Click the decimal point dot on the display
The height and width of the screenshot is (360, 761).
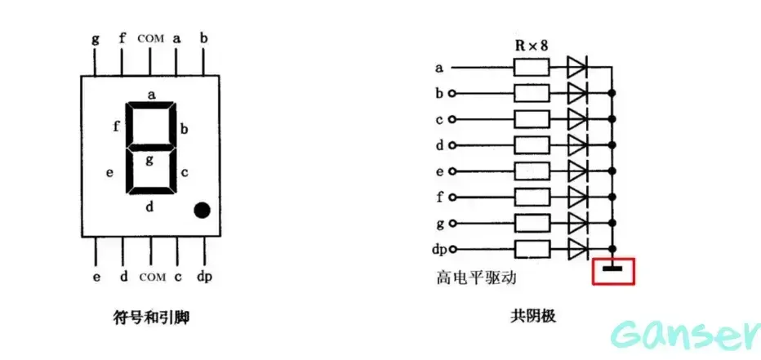click(202, 211)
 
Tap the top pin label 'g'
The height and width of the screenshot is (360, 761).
click(96, 38)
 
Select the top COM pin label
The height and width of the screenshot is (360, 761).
click(150, 38)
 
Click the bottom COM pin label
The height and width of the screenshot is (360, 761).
click(152, 277)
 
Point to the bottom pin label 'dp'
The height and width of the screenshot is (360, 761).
click(204, 277)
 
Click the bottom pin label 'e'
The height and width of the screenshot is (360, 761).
click(96, 277)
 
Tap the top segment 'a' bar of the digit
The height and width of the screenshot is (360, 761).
click(152, 106)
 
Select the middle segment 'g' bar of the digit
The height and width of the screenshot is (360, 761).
click(150, 149)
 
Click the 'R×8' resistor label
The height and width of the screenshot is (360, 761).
click(530, 45)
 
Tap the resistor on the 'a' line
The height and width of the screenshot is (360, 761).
click(530, 68)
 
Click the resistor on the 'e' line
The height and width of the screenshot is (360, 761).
click(530, 171)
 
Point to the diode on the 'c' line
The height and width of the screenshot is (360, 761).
click(577, 119)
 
